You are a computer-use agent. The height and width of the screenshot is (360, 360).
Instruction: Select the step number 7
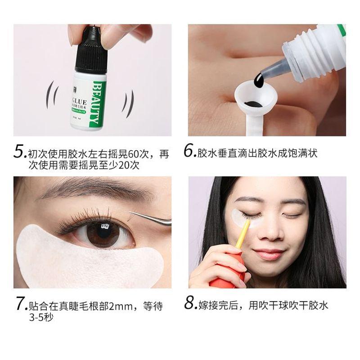point(20,305)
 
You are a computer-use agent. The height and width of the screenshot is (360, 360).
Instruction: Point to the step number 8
point(190,305)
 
